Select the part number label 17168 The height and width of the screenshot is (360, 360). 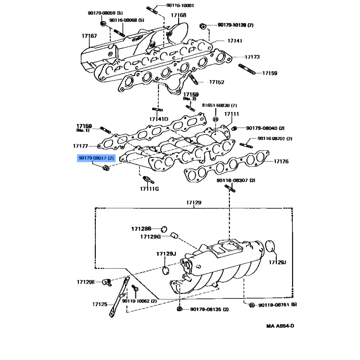click(x=178, y=15)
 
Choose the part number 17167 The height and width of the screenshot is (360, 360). click(x=89, y=36)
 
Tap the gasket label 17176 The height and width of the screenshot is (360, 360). click(x=281, y=161)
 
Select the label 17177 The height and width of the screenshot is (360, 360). click(x=81, y=146)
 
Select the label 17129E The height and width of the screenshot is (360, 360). click(x=86, y=282)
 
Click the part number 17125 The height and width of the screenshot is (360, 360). click(x=100, y=305)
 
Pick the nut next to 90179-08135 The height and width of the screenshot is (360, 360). click(x=180, y=310)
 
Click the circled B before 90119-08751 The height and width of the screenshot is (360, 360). click(x=252, y=305)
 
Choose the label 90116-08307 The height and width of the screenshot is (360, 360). click(x=235, y=180)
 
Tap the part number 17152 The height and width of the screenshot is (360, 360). click(x=216, y=82)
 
